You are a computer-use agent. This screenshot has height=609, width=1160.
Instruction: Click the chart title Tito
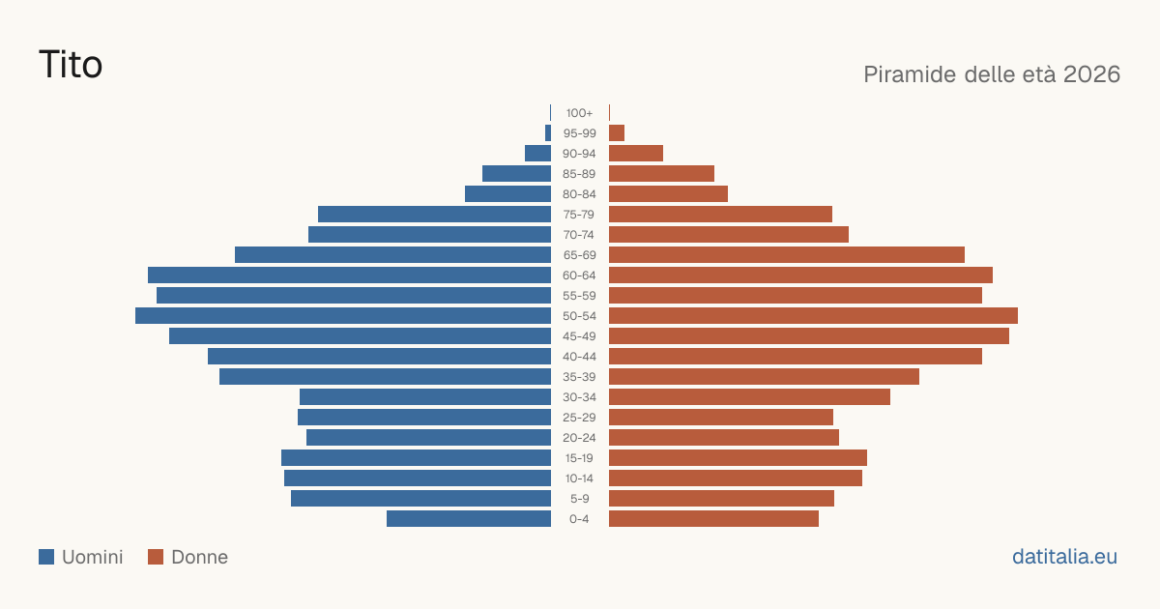[71, 64]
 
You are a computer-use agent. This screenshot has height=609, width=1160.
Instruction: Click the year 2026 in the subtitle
[1091, 74]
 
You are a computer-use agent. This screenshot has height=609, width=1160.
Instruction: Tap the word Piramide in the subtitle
[910, 74]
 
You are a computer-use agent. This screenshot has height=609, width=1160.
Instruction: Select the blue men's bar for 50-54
[343, 316]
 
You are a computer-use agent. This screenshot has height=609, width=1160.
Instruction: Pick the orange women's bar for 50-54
[813, 316]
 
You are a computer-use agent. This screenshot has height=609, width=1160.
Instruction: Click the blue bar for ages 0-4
[469, 519]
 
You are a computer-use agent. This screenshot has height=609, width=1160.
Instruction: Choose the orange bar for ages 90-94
[636, 154]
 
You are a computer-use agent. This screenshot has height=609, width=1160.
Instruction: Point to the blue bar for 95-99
[548, 133]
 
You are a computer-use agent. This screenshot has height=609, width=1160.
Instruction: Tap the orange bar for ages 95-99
[617, 133]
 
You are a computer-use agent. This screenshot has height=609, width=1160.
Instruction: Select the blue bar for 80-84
[508, 194]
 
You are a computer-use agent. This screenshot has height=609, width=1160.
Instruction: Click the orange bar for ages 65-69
[787, 255]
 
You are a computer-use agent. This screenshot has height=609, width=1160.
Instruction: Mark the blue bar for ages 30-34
[425, 397]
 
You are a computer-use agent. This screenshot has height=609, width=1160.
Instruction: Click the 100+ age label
[579, 113]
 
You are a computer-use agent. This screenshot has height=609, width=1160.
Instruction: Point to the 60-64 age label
[579, 275]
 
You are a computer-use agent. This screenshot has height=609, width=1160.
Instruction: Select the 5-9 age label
[579, 499]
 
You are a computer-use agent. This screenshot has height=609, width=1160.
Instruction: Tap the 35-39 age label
[579, 377]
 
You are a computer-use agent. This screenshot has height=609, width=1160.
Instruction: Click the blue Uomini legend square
[46, 557]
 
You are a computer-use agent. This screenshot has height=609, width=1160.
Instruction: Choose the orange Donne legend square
[156, 557]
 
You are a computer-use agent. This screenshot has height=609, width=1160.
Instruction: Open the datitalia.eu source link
[1064, 557]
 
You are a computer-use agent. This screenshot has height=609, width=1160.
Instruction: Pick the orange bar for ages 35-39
[764, 377]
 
